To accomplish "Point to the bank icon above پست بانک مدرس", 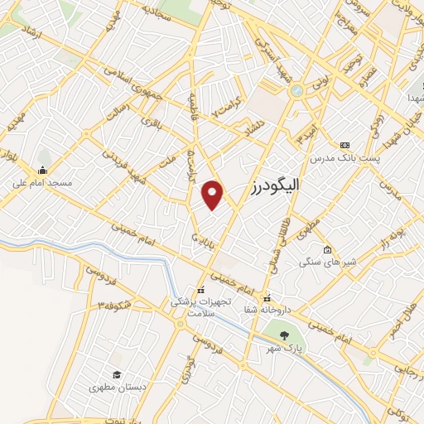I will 344,144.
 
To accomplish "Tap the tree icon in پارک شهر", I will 285,335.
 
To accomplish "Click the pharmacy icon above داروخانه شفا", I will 267,298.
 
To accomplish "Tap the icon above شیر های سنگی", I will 328,250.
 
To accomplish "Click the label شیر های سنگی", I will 331,263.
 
